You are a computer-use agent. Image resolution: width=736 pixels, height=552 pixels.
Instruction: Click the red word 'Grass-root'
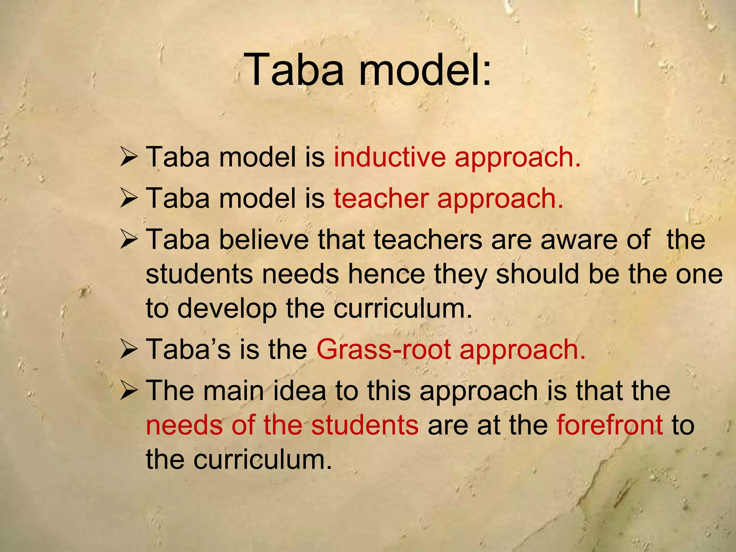coord(383,349)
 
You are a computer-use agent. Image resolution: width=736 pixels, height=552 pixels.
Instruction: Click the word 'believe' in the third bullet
coord(264,240)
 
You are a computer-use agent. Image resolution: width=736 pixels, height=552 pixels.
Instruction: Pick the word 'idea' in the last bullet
coord(299,391)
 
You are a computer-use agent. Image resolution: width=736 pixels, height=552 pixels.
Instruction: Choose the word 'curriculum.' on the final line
coord(262,460)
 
